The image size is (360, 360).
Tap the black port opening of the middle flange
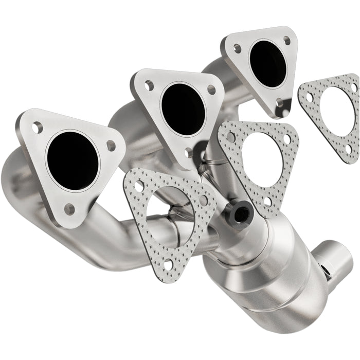(x=183, y=102)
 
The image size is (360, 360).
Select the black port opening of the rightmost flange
(x=268, y=63)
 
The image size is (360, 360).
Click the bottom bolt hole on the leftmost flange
(x=69, y=208)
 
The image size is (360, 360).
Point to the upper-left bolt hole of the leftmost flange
(x=37, y=127)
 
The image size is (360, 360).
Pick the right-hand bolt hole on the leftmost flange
(x=111, y=146)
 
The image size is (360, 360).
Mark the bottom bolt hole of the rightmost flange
(x=279, y=102)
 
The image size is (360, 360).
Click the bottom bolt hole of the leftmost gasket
(x=167, y=263)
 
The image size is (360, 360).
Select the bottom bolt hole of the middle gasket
(x=267, y=201)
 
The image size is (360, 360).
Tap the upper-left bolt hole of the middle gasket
(x=231, y=137)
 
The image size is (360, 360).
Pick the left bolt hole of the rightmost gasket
(x=309, y=96)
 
